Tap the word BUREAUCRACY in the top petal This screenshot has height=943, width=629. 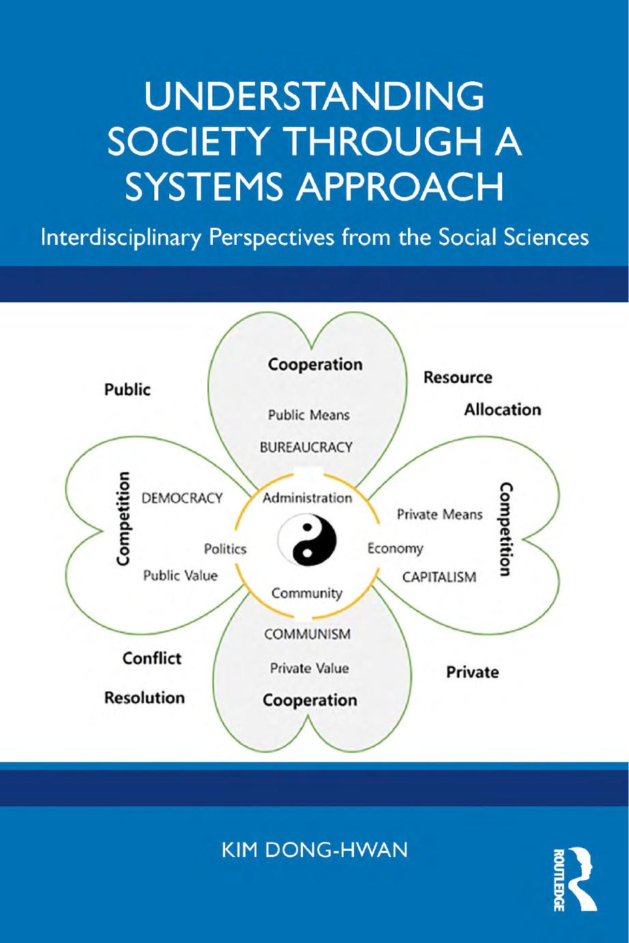point(306,448)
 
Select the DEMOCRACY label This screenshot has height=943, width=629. point(182,498)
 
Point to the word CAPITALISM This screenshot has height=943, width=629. point(439,577)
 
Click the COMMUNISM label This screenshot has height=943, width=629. point(308,634)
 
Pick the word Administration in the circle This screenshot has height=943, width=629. point(307,497)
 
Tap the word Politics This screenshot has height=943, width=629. point(225,549)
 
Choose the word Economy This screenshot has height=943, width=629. point(395,549)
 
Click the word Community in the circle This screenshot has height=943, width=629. point(307,593)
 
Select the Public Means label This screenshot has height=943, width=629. point(308,415)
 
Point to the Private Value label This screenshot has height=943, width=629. point(309,668)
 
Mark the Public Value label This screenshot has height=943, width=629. point(180,575)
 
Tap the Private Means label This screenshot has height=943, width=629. point(439,514)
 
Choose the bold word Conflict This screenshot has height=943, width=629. point(151,658)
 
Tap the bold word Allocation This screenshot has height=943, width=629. point(503,409)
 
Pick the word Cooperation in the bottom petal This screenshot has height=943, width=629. point(310,700)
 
